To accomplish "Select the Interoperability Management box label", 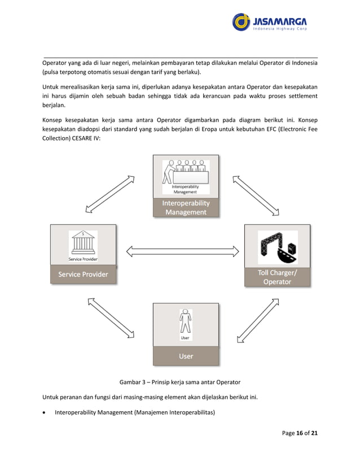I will coord(186,208).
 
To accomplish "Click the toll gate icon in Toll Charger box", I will coord(277,247).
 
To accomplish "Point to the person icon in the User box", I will coord(186,321).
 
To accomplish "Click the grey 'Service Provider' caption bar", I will coord(83,274).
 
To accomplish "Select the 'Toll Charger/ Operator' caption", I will coord(277,277).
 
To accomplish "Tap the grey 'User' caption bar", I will coord(186,356).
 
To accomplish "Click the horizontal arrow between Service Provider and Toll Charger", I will coord(183,250).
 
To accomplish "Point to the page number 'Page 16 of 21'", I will coord(298,433).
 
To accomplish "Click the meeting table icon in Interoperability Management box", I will coord(186,173).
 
